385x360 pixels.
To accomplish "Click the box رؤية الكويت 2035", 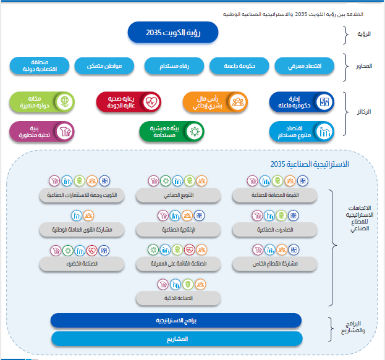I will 174,33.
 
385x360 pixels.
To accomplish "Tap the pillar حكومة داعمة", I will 239,66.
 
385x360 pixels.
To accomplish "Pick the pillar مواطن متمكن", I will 108,66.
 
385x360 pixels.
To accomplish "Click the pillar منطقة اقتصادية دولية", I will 40,65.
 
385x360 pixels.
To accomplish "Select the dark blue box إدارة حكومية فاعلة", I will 302,101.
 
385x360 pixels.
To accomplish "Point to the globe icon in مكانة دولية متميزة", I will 62,101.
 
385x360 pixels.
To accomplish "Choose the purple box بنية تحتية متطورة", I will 42,130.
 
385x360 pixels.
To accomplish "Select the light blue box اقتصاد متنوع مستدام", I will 302,130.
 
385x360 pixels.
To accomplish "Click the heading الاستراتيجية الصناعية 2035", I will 310,164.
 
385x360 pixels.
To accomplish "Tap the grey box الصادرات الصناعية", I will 274,229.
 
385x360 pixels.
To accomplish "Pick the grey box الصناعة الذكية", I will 178,298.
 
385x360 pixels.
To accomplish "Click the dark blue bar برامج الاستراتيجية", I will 176,320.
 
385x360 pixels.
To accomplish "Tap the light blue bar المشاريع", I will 176,339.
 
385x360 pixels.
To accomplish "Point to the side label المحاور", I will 365,66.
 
